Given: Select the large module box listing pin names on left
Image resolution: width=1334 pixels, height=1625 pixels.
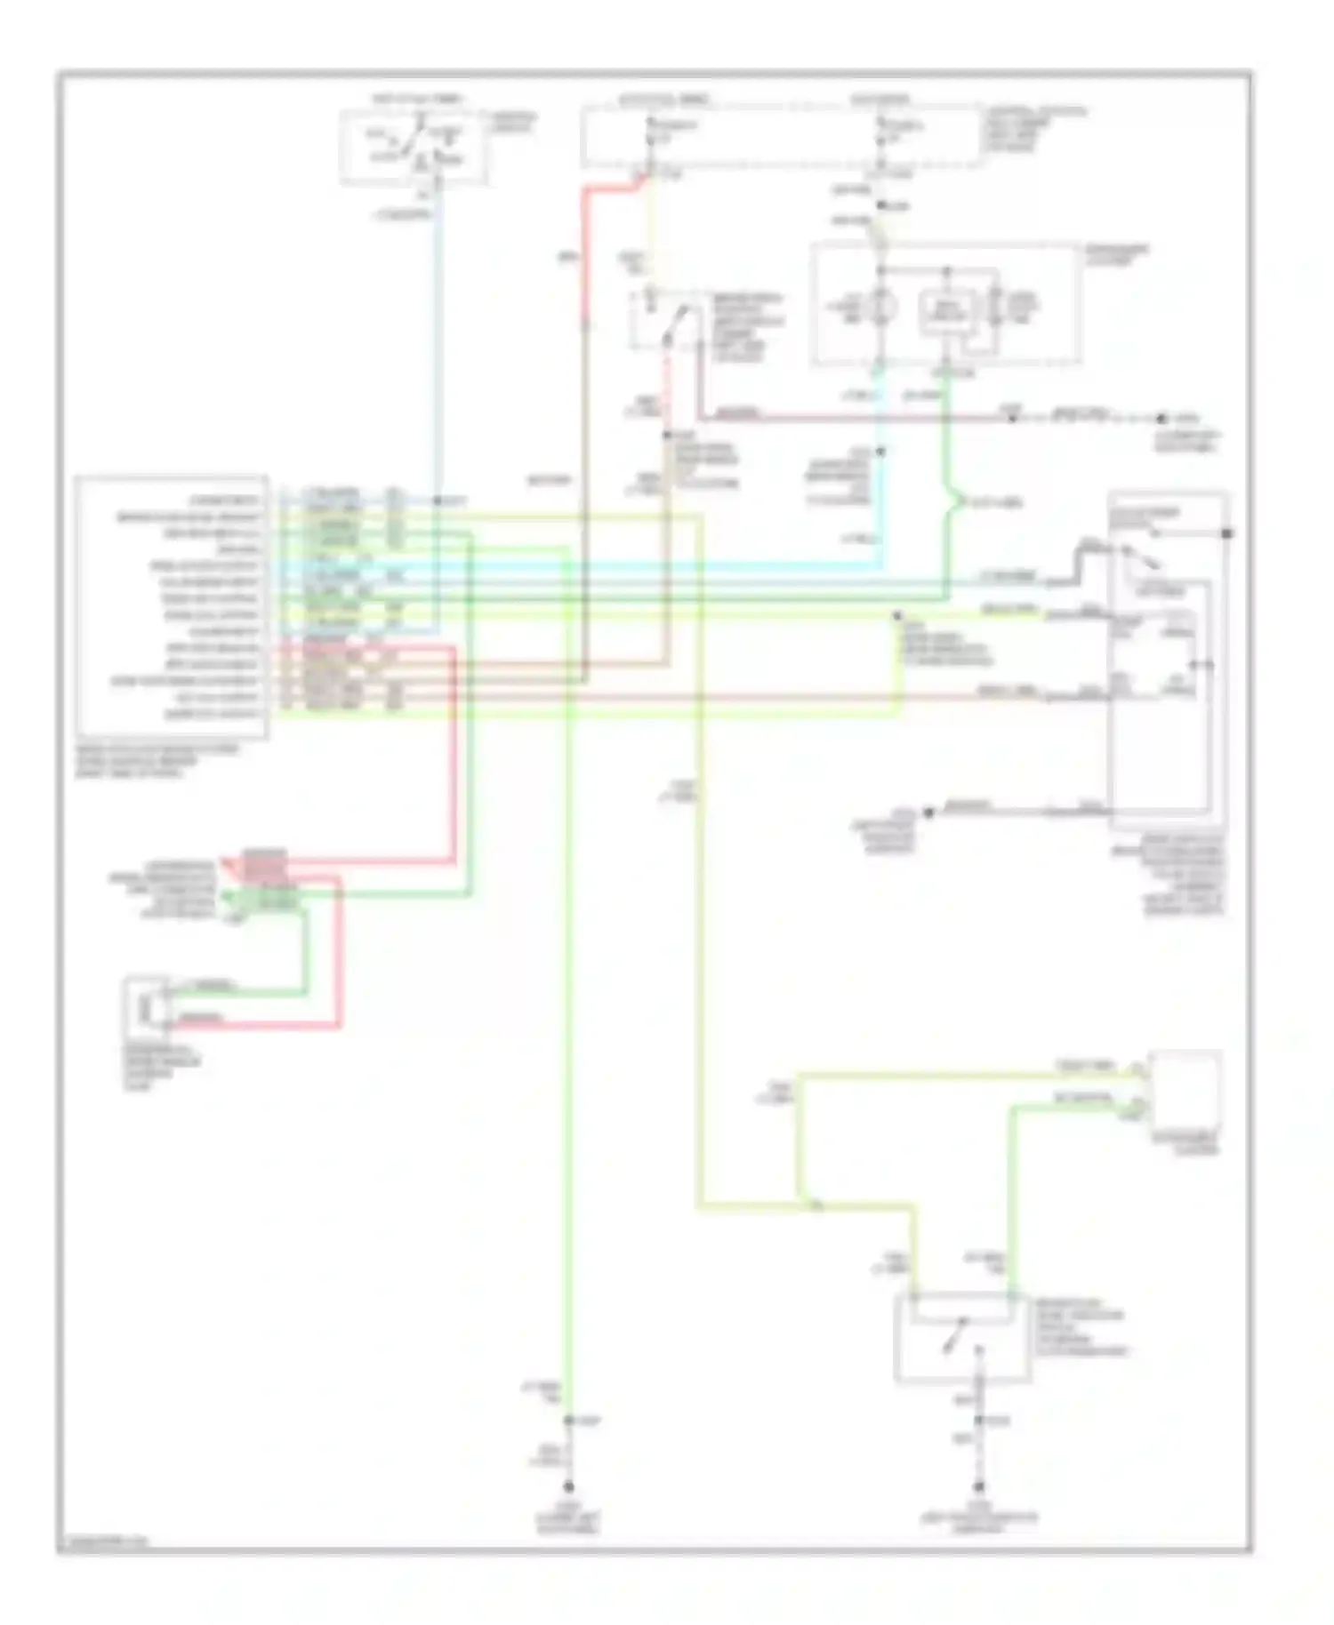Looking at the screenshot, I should (172, 607).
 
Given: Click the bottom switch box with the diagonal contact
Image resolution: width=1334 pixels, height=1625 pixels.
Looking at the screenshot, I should (963, 1337).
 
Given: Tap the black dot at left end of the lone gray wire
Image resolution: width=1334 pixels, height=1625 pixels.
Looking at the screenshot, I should (927, 812).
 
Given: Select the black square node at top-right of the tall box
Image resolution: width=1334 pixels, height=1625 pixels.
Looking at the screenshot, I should (1226, 533).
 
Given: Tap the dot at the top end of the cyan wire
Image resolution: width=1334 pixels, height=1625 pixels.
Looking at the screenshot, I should (881, 452).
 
